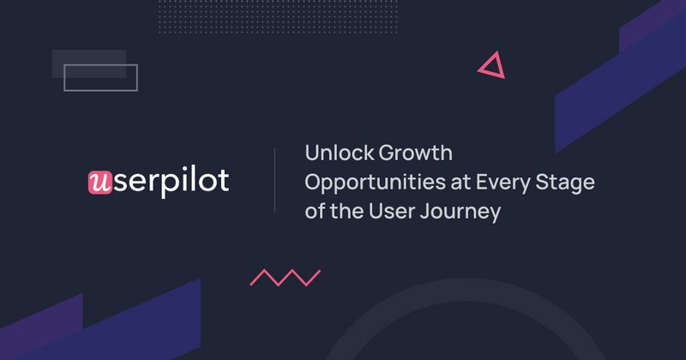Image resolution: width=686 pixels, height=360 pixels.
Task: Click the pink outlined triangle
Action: [x=490, y=66]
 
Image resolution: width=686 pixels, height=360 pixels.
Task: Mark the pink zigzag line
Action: [x=285, y=277]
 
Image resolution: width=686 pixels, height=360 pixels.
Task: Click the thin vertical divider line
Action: [x=274, y=180]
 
